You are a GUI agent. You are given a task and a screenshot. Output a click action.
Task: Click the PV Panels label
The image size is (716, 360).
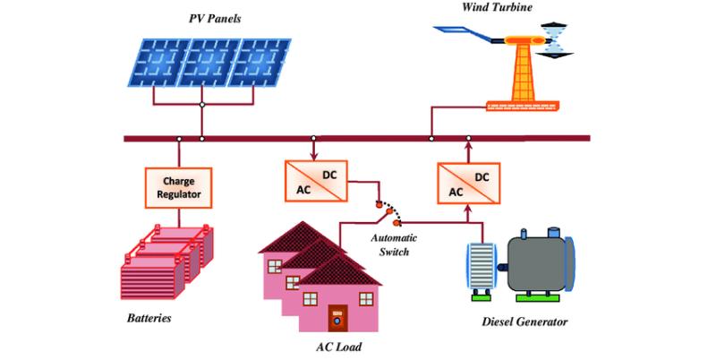215,19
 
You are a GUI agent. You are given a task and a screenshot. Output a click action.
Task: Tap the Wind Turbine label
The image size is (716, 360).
497,7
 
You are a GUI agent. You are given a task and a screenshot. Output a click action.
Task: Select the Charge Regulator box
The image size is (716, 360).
178,188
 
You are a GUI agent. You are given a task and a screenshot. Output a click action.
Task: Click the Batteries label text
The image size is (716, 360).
149,318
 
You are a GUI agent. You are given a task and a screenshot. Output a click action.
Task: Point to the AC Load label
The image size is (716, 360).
339,347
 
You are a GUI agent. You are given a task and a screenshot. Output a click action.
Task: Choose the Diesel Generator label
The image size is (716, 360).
524,321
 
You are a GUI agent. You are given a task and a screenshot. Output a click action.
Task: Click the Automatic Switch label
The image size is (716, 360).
394,244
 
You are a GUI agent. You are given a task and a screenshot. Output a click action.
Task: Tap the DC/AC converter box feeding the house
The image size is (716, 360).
316,181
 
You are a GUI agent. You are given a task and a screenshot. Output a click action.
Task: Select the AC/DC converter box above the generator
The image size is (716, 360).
468,184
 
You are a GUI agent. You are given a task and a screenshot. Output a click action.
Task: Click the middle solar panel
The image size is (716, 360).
209,62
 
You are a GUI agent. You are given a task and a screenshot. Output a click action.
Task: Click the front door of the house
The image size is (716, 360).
338,318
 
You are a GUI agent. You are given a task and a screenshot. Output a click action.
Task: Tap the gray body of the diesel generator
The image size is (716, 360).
536,261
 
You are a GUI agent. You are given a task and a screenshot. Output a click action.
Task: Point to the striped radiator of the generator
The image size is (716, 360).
481,266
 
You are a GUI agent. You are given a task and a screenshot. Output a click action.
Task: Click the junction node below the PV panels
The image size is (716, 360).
202,105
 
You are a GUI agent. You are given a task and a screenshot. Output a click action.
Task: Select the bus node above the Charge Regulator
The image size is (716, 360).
179,139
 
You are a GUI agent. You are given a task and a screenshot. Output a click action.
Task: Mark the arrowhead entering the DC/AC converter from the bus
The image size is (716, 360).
314,157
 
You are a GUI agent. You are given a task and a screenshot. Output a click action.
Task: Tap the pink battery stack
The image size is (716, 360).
166,261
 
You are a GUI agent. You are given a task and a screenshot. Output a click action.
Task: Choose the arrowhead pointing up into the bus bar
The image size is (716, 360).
468,146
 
